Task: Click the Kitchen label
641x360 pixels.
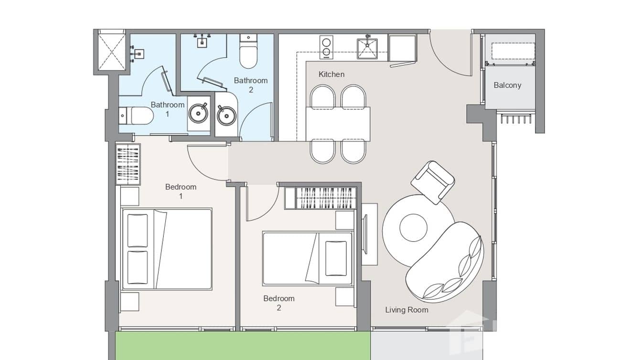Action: [331, 74]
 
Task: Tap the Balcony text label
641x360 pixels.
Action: [507, 85]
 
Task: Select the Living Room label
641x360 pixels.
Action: [406, 310]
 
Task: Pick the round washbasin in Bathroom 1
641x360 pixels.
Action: [198, 113]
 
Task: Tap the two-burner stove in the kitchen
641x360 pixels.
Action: [326, 47]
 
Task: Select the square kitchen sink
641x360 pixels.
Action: [367, 49]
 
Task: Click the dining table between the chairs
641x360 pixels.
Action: [338, 123]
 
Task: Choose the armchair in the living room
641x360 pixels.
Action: [433, 181]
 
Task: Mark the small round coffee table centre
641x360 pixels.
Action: [413, 228]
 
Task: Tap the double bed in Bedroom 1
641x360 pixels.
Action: [166, 249]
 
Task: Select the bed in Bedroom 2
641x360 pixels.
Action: [307, 258]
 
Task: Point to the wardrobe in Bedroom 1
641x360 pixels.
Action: [128, 164]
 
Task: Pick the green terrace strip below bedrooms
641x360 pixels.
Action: [243, 346]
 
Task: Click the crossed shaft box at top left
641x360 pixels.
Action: [111, 50]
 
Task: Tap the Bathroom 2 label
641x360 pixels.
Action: [250, 85]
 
